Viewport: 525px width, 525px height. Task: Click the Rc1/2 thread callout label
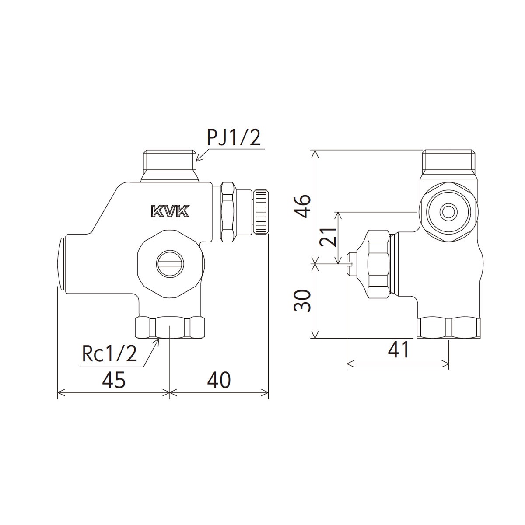coord(110,354)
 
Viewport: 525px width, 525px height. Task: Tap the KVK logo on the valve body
coord(169,211)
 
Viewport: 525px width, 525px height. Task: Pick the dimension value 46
coord(303,206)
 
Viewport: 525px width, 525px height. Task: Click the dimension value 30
coord(303,301)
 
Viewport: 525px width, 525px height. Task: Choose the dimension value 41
coord(398,350)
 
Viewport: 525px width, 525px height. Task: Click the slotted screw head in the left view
coord(170,263)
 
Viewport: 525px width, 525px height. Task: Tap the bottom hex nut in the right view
coord(448,328)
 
